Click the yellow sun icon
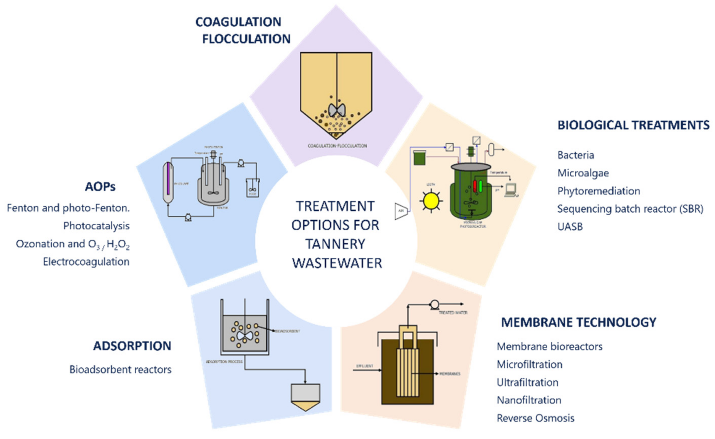pos(431,201)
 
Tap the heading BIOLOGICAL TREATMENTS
pos(633,125)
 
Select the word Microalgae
pos(583,173)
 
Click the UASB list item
pos(570,227)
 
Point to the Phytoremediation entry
pos(598,191)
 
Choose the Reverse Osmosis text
pos(535,418)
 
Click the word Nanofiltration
pos(529,400)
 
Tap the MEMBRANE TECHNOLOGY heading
pos(578,322)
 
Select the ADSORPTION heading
pos(132,346)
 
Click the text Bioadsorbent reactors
pos(120,369)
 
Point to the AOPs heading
pos(100,187)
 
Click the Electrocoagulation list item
pos(86,262)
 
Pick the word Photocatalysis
pos(96,226)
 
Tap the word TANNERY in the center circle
pos(335,244)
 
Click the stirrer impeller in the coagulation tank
pos(336,110)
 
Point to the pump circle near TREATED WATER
pos(434,304)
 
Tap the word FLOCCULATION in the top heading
pos(246,39)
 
